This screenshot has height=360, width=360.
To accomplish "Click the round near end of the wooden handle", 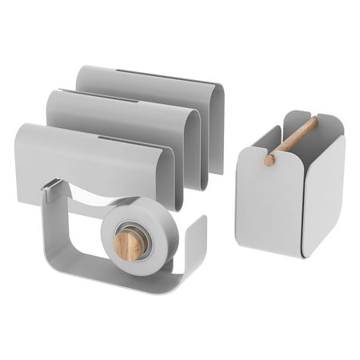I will click(270, 159).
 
